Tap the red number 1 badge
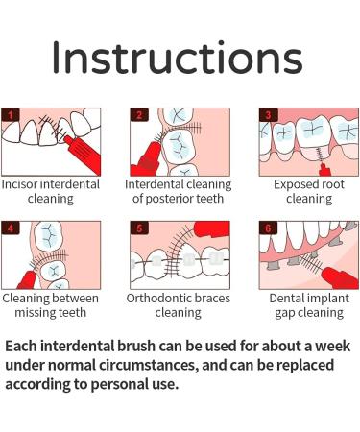12,114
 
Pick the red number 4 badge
12,228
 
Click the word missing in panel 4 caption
28,312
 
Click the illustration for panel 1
51,140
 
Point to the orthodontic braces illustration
179,253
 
